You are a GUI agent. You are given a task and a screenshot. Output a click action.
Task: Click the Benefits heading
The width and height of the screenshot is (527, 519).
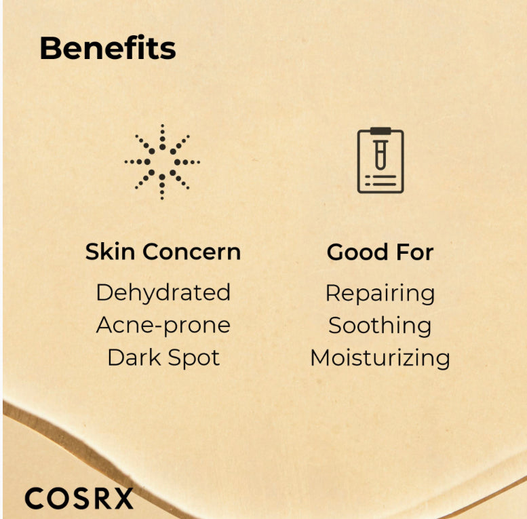(107, 48)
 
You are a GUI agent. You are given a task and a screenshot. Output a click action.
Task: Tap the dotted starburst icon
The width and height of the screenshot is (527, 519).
(162, 162)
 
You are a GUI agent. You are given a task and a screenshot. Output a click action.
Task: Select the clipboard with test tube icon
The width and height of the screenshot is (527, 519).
(380, 160)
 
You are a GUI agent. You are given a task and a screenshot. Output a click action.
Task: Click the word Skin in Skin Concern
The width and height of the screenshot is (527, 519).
(104, 252)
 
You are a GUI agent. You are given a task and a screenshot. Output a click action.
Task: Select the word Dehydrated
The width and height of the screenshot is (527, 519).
(163, 292)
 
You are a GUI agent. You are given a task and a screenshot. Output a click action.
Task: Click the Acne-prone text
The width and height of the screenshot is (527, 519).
(163, 325)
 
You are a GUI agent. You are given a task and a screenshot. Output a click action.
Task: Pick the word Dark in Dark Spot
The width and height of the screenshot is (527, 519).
(132, 358)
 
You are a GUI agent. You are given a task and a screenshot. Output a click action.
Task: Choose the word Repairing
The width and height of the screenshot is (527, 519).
(380, 293)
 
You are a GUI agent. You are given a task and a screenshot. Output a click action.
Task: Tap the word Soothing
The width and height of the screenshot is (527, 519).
(380, 325)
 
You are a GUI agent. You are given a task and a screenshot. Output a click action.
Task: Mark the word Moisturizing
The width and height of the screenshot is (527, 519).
(380, 358)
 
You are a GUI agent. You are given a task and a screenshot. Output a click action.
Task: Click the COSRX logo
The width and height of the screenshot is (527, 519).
(79, 499)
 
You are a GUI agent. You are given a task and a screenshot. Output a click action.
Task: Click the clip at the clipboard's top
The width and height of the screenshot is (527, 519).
(380, 130)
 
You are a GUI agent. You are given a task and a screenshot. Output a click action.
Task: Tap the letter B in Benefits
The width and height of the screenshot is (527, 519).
(50, 48)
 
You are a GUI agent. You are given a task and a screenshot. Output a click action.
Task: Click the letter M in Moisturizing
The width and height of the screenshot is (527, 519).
(321, 358)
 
